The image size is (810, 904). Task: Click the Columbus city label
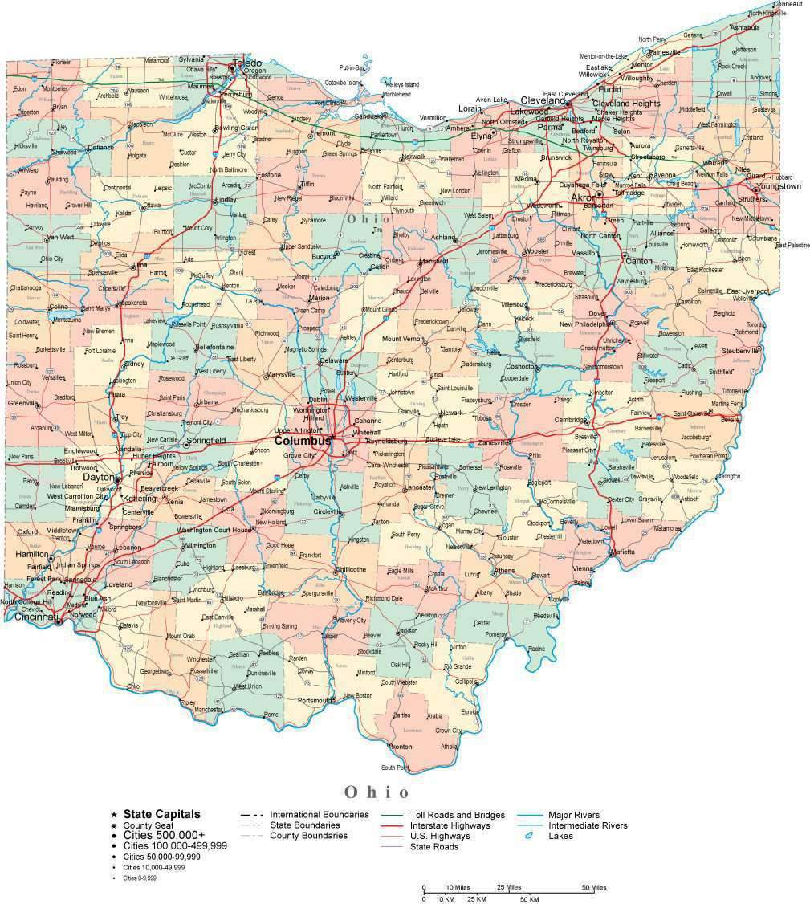click(303, 441)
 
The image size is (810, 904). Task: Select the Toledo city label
click(246, 63)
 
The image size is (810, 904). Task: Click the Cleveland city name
click(543, 101)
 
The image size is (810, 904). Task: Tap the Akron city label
click(583, 197)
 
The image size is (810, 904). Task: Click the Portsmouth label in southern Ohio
click(314, 700)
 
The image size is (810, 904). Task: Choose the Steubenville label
click(739, 351)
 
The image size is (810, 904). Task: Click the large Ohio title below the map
click(377, 792)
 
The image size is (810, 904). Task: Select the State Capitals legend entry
click(161, 814)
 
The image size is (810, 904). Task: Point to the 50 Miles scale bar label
click(593, 887)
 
